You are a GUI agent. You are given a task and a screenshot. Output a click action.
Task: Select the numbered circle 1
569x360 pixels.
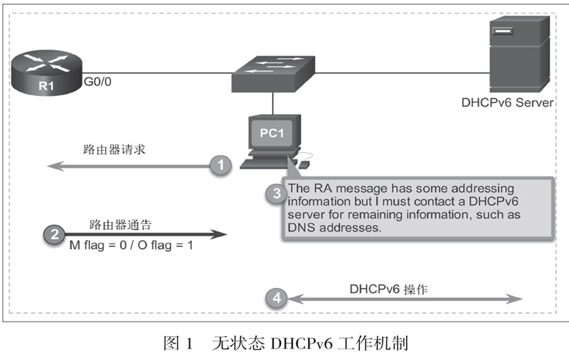click(x=221, y=166)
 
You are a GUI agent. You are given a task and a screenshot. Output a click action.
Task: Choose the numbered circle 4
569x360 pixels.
click(x=276, y=297)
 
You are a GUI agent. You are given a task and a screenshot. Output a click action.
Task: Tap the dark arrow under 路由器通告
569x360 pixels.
click(x=142, y=234)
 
